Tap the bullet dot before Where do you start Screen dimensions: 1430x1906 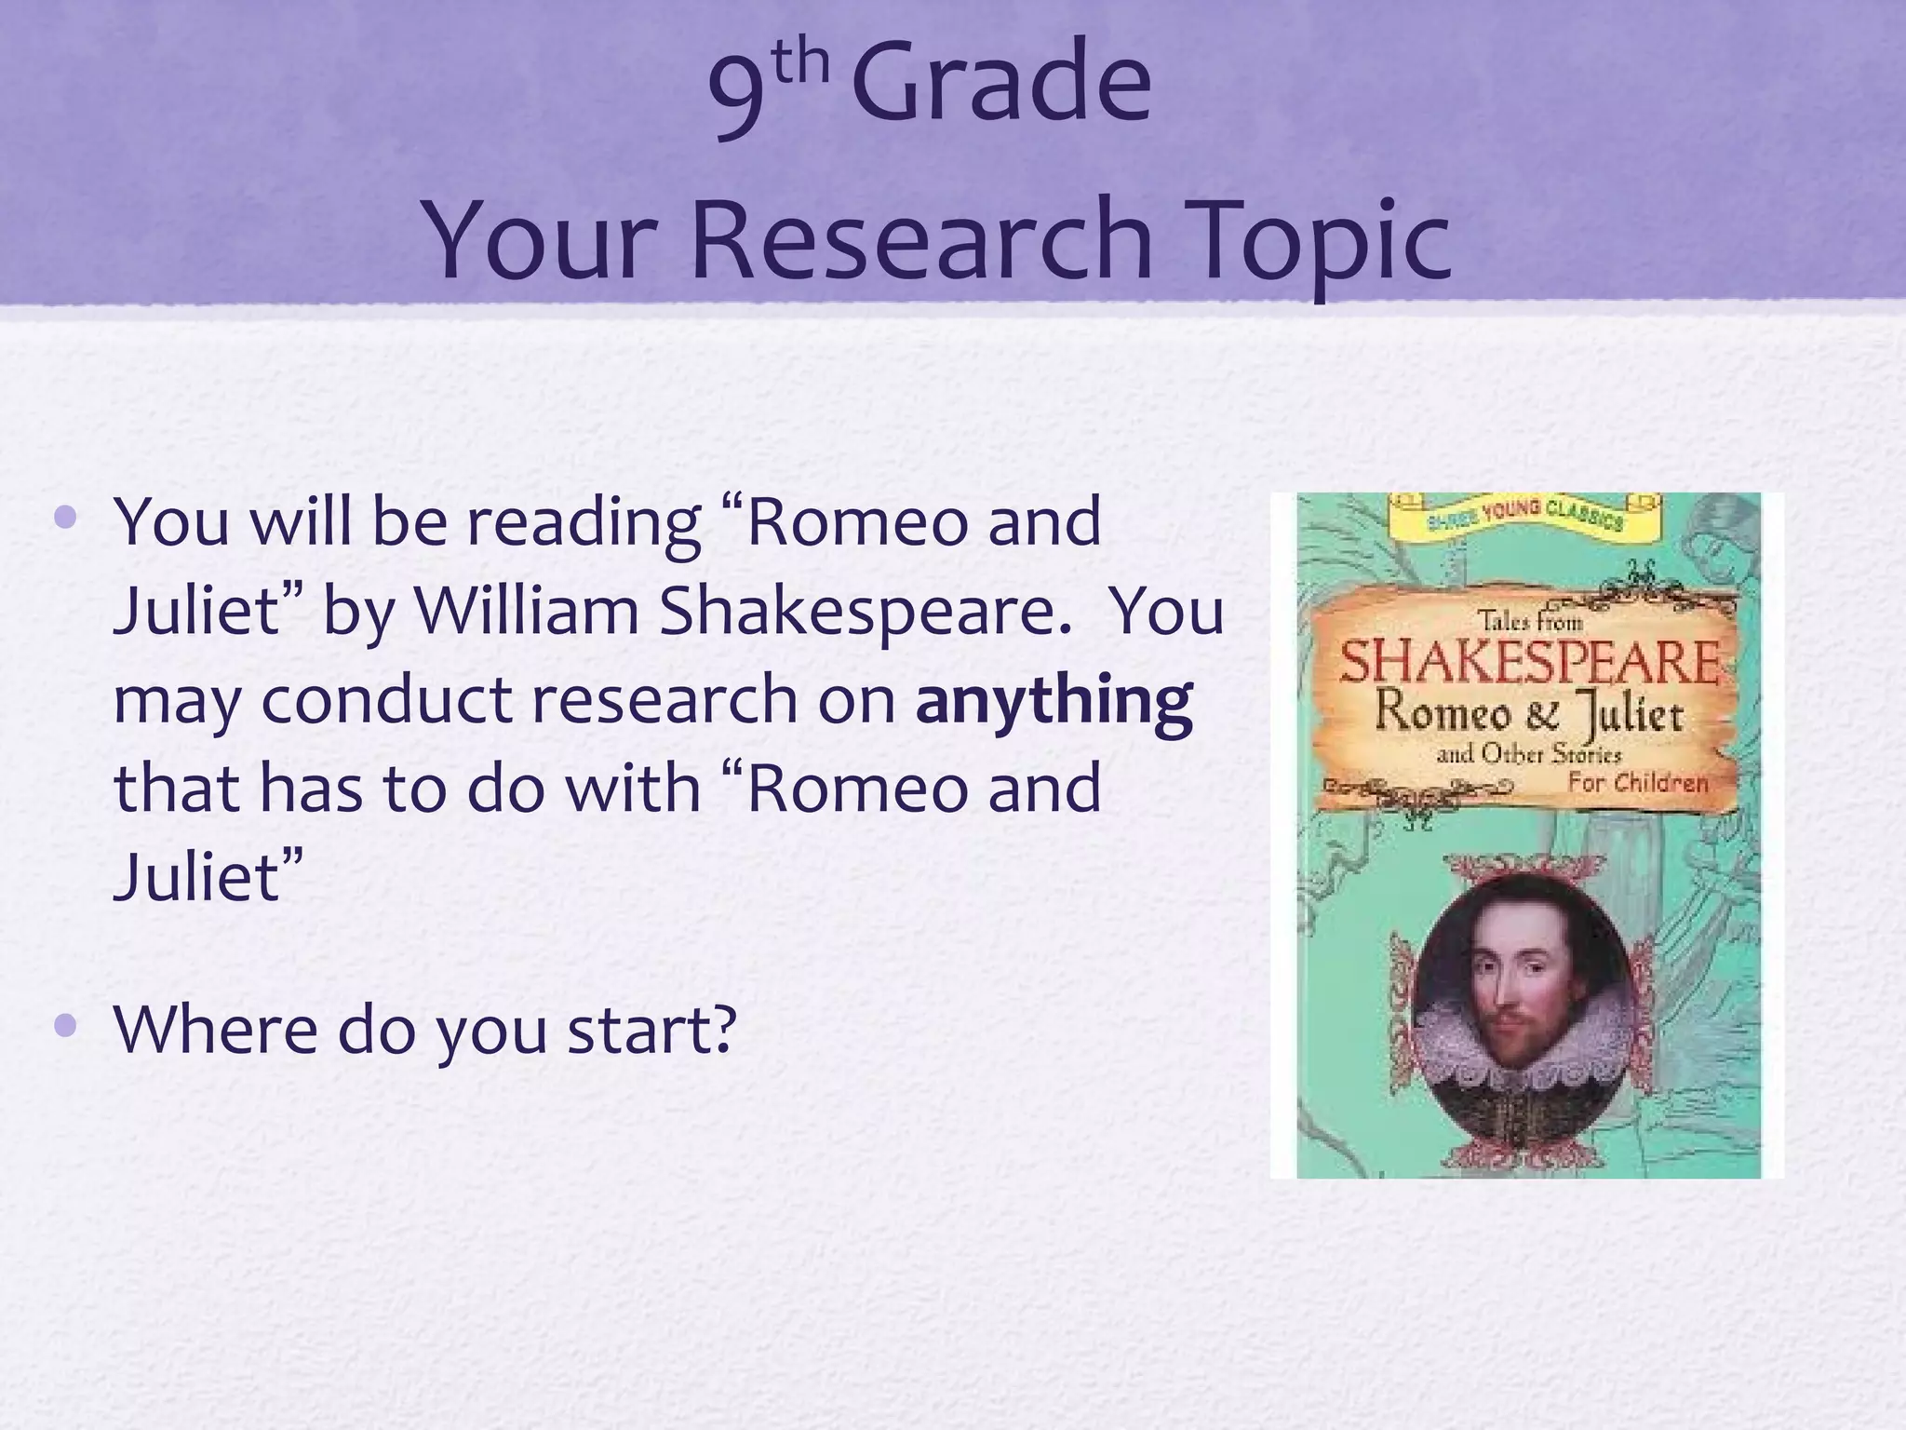coord(65,1026)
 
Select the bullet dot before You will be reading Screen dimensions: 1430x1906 coord(65,517)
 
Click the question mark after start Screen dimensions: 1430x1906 coord(718,1030)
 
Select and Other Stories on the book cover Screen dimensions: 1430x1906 coord(1528,754)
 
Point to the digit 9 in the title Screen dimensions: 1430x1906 coord(738,93)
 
